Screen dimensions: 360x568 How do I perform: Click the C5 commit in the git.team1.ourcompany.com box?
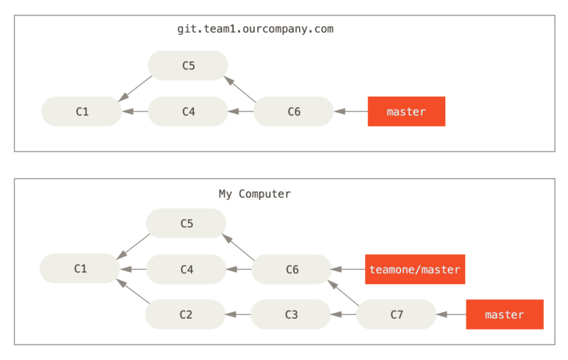(187, 65)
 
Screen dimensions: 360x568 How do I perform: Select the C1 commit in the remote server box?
(82, 111)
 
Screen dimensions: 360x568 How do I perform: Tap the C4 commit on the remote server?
(187, 111)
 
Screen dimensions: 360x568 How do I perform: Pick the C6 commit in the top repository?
(293, 111)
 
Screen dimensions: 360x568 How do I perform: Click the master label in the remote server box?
(406, 111)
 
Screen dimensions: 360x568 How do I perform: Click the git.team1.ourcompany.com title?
(256, 30)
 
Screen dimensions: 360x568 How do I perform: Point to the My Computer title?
(254, 194)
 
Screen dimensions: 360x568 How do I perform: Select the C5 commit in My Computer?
(186, 223)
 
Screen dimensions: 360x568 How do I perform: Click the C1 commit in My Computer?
(80, 268)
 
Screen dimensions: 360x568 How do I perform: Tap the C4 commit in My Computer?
(186, 269)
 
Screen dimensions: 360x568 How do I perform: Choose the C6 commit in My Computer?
(292, 269)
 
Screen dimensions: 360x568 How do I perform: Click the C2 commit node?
(185, 315)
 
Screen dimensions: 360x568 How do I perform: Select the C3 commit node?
(290, 315)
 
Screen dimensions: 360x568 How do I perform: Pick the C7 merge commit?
(396, 315)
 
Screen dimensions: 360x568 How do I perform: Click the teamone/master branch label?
(415, 269)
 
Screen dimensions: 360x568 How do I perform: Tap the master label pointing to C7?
(504, 315)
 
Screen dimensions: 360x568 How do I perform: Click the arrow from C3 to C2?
(238, 315)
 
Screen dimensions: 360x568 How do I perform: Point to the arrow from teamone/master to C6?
(349, 269)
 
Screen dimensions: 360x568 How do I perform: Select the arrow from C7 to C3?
(344, 315)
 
